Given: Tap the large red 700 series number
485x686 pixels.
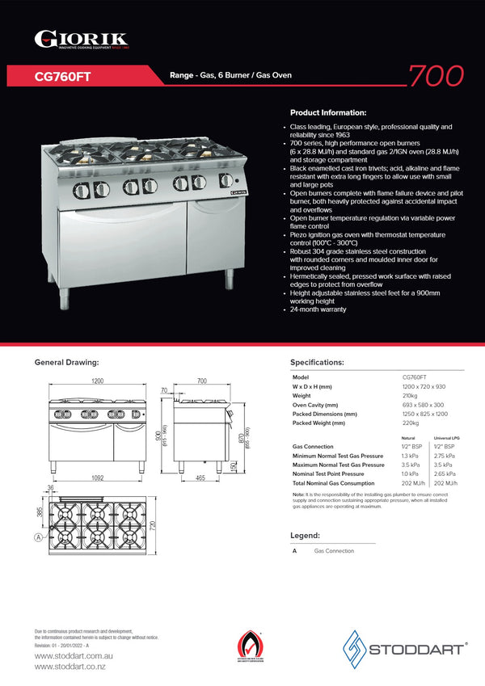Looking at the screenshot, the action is pyautogui.click(x=436, y=75).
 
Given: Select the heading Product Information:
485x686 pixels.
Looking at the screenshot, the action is pyautogui.click(x=327, y=112).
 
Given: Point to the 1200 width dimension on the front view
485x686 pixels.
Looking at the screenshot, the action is pyautogui.click(x=97, y=381).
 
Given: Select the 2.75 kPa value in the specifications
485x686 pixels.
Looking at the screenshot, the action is pyautogui.click(x=444, y=456).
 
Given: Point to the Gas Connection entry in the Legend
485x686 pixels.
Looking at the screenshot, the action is pyautogui.click(x=334, y=551).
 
